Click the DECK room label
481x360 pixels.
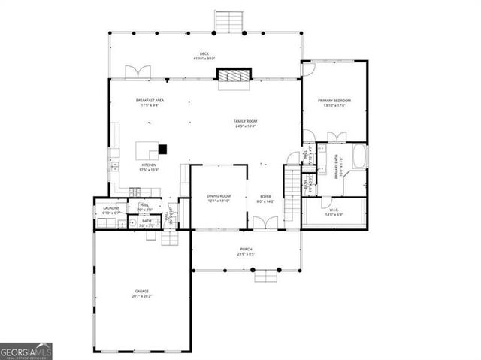tap(204, 54)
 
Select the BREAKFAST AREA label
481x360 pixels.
tap(150, 101)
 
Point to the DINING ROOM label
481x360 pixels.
tap(219, 197)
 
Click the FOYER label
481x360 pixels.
tap(265, 197)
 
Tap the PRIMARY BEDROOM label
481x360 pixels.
tap(334, 101)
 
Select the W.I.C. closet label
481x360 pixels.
tap(333, 210)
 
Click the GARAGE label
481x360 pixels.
tap(142, 292)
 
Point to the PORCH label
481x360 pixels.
tap(246, 250)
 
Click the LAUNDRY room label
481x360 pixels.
tap(110, 210)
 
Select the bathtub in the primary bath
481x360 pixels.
tap(359, 159)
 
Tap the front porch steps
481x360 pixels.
tap(265, 276)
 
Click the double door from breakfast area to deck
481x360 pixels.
tap(139, 72)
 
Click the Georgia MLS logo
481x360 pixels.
tap(26, 351)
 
